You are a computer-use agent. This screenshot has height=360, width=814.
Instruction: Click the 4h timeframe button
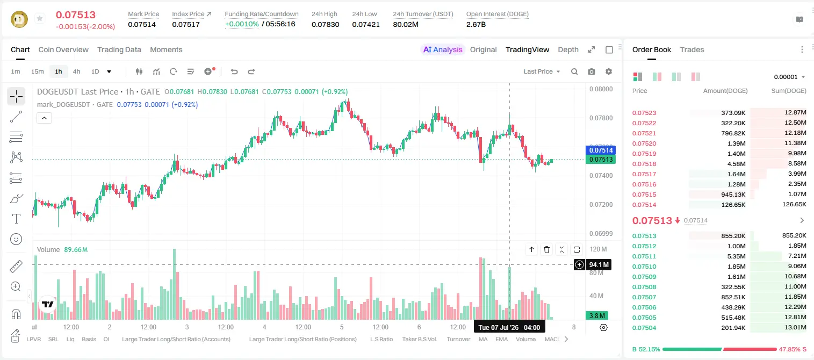point(76,71)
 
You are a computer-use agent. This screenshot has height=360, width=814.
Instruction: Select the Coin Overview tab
point(63,49)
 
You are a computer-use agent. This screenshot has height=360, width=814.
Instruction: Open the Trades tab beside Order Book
point(692,49)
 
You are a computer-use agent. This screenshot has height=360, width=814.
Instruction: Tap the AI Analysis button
point(443,49)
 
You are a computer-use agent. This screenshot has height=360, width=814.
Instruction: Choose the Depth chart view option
point(568,49)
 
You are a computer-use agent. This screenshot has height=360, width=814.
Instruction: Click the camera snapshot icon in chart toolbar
point(592,71)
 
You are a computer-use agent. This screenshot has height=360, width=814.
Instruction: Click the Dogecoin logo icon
point(19,19)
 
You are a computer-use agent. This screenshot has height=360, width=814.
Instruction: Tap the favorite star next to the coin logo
point(40,18)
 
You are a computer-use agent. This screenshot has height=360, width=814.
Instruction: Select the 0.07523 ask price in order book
point(644,113)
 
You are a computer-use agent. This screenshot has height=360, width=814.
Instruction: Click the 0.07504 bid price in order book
point(644,328)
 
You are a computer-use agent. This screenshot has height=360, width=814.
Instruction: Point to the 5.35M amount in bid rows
point(736,256)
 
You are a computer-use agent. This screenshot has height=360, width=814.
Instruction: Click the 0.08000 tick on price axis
point(601,89)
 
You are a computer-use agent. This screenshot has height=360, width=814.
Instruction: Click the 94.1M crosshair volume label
point(599,265)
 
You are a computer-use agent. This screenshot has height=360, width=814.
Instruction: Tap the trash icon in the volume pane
point(546,249)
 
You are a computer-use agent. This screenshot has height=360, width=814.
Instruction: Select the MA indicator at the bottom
point(483,339)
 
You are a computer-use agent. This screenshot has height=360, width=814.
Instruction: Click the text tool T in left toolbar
point(16,219)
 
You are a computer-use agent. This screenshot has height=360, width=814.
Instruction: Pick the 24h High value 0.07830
point(325,24)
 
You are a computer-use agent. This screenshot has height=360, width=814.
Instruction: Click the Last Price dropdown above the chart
point(542,71)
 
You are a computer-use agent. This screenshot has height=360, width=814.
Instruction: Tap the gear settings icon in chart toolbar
point(609,71)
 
